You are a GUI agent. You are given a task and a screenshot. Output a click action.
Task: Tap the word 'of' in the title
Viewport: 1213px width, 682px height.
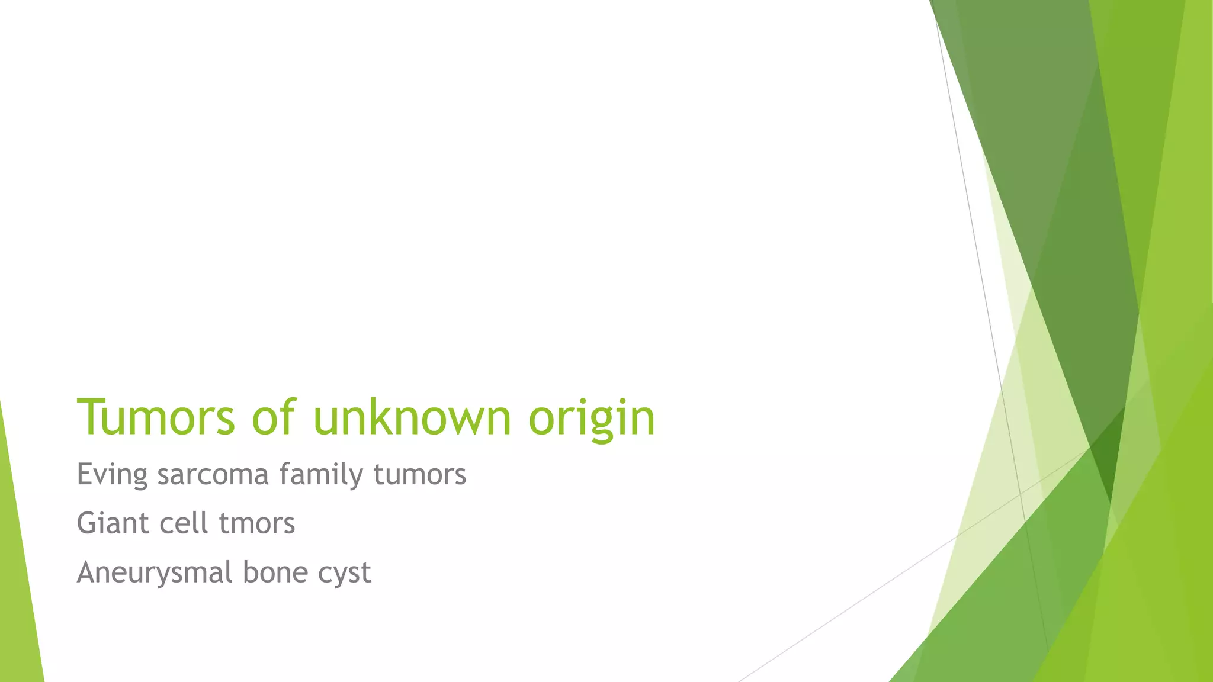tap(272, 417)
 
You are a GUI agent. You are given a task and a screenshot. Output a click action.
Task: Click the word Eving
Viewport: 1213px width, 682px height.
tap(112, 475)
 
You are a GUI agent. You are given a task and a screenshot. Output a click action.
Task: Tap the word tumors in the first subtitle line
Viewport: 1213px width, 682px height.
tap(420, 475)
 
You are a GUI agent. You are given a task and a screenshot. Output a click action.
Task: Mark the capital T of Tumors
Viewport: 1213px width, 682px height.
tap(90, 417)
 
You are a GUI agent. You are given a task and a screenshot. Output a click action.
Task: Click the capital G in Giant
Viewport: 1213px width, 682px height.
tap(86, 523)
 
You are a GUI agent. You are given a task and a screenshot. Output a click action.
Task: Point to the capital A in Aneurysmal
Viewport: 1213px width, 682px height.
tap(87, 572)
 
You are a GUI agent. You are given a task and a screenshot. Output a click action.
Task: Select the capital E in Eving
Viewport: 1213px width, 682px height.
tap(84, 474)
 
